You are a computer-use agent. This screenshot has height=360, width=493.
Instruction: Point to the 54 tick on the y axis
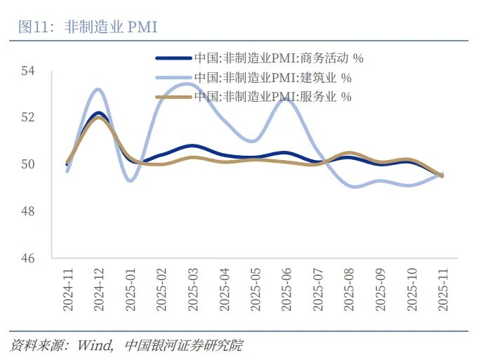29,71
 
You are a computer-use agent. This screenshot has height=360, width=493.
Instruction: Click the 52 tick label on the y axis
29,117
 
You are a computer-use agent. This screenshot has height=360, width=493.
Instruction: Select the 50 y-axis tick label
29,164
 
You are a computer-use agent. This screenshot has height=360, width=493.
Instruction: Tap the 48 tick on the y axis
29,211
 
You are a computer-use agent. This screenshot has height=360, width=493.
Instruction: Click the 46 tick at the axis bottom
29,258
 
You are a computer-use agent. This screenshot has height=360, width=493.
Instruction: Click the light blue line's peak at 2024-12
98,89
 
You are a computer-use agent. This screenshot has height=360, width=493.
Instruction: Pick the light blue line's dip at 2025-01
131,180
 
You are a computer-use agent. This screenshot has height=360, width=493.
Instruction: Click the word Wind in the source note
96,345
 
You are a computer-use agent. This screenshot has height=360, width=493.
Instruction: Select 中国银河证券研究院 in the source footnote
183,345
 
